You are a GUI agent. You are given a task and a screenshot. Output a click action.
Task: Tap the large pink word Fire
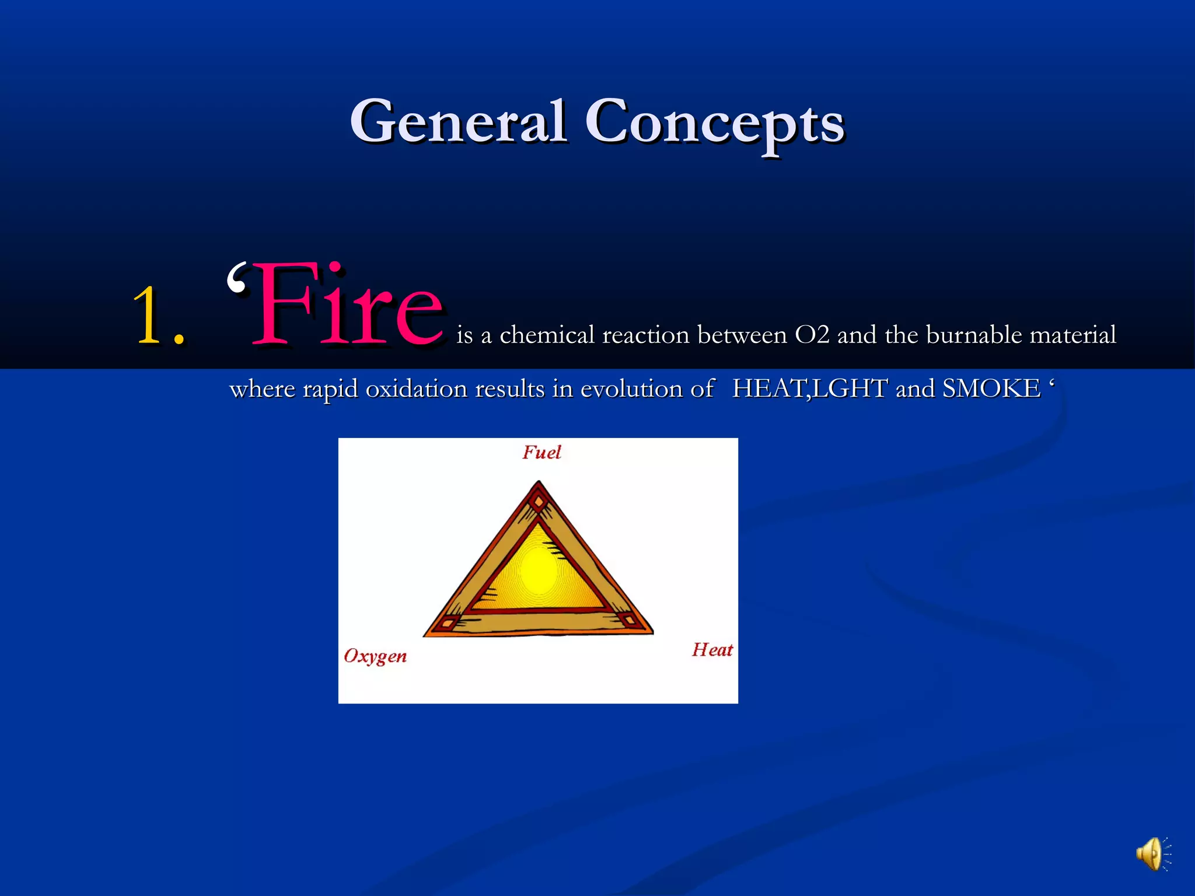click(348, 306)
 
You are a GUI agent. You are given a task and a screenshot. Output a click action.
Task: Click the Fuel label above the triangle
click(541, 453)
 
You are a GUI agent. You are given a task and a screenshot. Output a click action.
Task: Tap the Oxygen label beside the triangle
click(375, 656)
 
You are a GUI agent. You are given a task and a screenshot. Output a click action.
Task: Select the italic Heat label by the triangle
click(712, 650)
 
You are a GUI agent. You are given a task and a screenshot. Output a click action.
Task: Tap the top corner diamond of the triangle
click(539, 501)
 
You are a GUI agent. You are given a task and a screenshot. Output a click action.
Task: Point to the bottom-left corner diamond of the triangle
click(448, 623)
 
